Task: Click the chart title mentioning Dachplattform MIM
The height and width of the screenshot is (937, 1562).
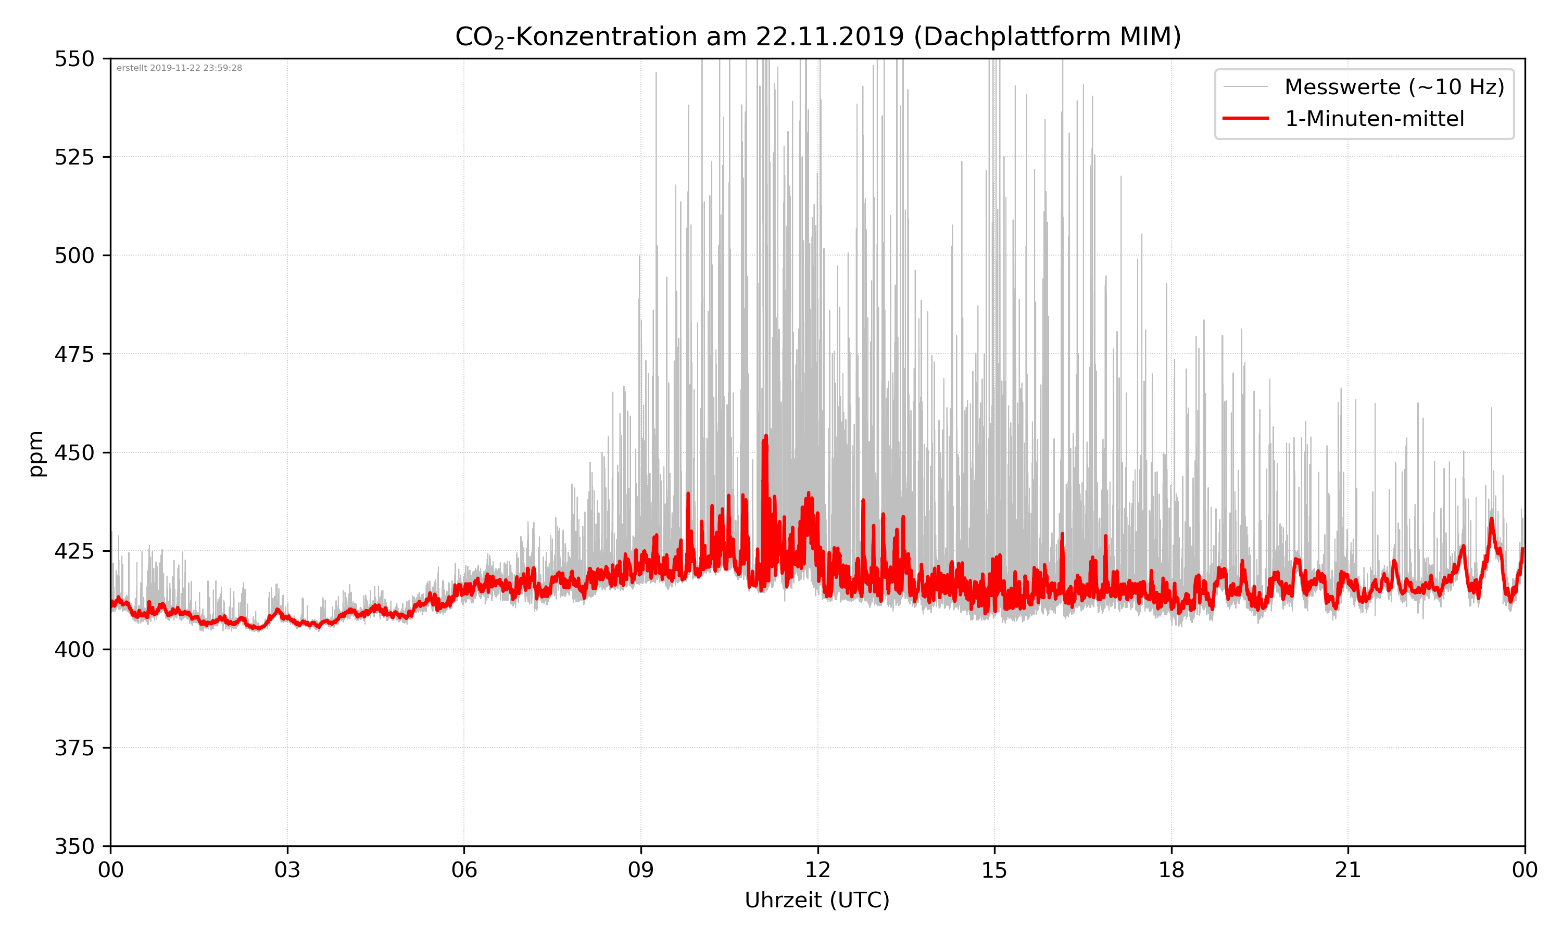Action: click(x=817, y=36)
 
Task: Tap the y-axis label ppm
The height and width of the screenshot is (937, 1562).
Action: click(x=36, y=453)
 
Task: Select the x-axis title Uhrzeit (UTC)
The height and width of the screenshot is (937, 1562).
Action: click(x=817, y=900)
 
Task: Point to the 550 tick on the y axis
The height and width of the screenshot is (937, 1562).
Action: click(x=74, y=59)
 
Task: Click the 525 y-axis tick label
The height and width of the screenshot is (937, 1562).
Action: click(x=74, y=157)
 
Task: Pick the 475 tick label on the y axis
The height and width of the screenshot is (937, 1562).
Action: click(x=74, y=354)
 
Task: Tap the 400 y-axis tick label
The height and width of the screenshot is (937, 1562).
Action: click(x=74, y=650)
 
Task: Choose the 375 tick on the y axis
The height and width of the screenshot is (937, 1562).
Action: click(x=74, y=748)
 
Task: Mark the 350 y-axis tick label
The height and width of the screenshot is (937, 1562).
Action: click(x=74, y=847)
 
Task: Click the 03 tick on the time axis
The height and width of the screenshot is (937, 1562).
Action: click(x=287, y=870)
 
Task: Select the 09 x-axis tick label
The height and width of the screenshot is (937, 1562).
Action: click(x=641, y=870)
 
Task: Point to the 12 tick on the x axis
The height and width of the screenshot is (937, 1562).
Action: click(x=817, y=870)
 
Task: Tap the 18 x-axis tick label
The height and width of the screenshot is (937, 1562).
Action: click(x=1171, y=870)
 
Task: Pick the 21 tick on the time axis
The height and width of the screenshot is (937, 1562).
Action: click(x=1348, y=870)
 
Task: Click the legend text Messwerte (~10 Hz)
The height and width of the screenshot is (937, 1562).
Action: click(x=1394, y=87)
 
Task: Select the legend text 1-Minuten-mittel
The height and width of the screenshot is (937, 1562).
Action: click(x=1374, y=119)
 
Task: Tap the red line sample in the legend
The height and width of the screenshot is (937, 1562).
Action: click(x=1245, y=118)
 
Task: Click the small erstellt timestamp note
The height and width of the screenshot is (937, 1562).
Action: click(x=179, y=68)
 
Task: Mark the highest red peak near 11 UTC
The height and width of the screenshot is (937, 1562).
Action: click(x=766, y=436)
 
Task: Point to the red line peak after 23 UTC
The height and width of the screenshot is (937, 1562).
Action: click(x=1491, y=519)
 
